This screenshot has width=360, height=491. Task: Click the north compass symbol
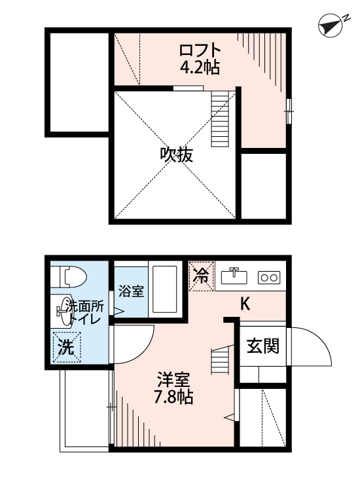click(x=331, y=25)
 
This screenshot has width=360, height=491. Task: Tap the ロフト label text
click(x=200, y=50)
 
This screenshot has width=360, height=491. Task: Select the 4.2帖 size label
click(x=200, y=67)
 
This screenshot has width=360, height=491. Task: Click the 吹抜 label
click(x=176, y=155)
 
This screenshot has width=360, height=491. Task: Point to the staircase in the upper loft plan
click(x=220, y=118)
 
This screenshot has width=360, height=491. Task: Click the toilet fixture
click(x=69, y=276)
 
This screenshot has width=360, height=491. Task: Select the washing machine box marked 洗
click(x=67, y=347)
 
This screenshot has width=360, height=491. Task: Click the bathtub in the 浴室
click(x=165, y=289)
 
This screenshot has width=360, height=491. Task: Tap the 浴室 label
click(x=131, y=291)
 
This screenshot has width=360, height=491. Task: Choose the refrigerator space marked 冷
click(x=202, y=276)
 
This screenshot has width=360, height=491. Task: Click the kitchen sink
click(x=234, y=276)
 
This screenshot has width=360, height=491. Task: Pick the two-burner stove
click(x=269, y=278)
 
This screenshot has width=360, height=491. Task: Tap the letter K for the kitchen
click(x=245, y=303)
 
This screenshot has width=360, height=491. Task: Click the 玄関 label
click(x=262, y=346)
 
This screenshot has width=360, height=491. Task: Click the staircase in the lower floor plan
click(x=222, y=359)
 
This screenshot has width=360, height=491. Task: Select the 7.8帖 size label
click(x=173, y=397)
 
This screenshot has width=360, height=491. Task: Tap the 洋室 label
click(x=173, y=380)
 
